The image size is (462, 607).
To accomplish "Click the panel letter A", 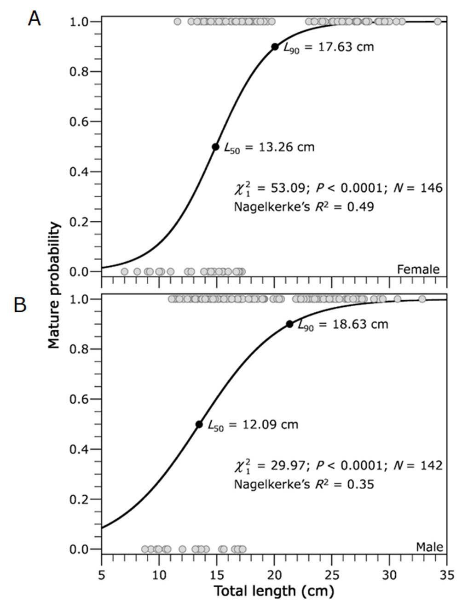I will point(34,19).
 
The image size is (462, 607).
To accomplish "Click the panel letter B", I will point(20,305).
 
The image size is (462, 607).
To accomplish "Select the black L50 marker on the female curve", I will point(215,147).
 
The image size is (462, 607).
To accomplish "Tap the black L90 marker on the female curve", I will point(275,46).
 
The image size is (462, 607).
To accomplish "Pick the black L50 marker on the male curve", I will point(199,424).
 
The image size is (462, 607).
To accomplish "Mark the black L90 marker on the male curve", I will point(289,324).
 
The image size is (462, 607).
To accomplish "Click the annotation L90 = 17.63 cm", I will point(328,47).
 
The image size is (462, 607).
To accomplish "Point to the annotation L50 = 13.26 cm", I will point(269,147).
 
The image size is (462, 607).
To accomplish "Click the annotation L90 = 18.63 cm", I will point(343,325).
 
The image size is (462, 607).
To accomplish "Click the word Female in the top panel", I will point(418,269).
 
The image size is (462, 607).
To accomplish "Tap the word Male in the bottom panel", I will point(429,547).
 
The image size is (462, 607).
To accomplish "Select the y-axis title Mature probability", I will point(54,285).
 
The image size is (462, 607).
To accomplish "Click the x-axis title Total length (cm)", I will point(274,591).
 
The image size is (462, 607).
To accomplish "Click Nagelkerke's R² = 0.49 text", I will point(304,207).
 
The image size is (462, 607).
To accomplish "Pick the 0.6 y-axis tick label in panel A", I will point(79,122).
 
